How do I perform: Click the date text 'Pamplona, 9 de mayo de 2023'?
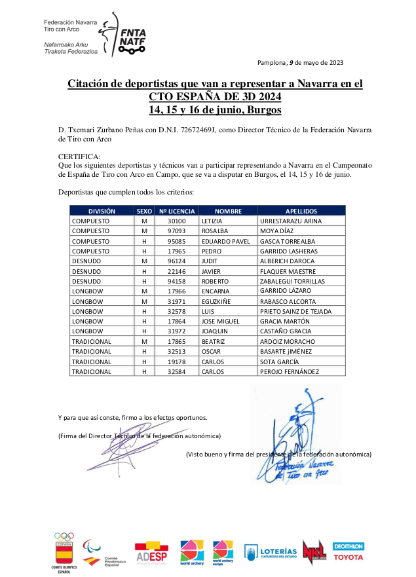[x=301, y=63]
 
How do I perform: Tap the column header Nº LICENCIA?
[x=177, y=212]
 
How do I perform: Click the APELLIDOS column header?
[x=301, y=212]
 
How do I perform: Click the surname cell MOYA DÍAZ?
[x=281, y=231]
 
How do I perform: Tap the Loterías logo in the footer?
[x=271, y=553]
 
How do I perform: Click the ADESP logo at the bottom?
[x=151, y=553]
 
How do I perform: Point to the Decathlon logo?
[x=348, y=546]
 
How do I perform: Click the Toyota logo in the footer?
[x=348, y=558]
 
